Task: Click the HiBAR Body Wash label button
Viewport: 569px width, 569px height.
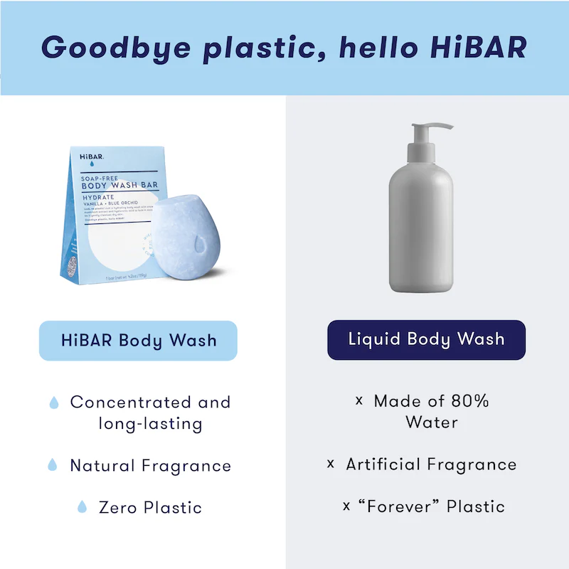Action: pyautogui.click(x=138, y=340)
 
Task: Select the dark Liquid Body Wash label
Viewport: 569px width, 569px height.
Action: pyautogui.click(x=426, y=339)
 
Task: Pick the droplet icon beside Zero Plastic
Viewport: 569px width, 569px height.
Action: pyautogui.click(x=82, y=507)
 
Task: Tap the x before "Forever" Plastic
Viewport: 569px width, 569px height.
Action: pyautogui.click(x=346, y=506)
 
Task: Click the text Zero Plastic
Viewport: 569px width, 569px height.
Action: pyautogui.click(x=150, y=507)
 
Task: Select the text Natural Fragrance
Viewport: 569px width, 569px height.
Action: pyautogui.click(x=150, y=466)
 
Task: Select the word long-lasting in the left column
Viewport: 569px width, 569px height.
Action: pyautogui.click(x=150, y=424)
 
